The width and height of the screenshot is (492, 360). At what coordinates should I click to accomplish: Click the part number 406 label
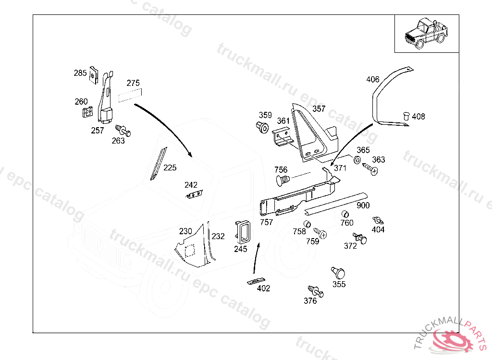(x=372, y=79)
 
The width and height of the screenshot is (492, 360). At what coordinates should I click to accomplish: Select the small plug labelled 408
(x=405, y=116)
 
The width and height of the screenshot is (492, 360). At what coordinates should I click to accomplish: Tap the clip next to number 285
(x=94, y=76)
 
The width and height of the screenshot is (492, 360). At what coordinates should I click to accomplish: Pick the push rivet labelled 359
(x=262, y=128)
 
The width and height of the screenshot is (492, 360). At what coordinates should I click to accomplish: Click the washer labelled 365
(x=357, y=159)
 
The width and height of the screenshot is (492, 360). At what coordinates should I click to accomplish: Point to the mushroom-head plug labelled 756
(x=283, y=181)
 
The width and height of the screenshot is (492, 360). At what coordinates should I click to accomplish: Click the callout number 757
(x=266, y=222)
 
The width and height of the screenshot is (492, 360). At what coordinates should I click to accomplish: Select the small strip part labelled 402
(x=256, y=281)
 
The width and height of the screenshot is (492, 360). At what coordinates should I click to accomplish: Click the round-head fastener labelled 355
(x=338, y=273)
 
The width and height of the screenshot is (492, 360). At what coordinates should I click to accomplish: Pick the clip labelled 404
(x=378, y=220)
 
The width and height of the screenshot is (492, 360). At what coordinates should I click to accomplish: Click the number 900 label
(x=363, y=205)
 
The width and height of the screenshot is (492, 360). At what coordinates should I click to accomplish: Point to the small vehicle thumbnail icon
(x=426, y=33)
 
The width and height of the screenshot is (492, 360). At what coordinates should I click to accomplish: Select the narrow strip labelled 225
(x=157, y=164)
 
